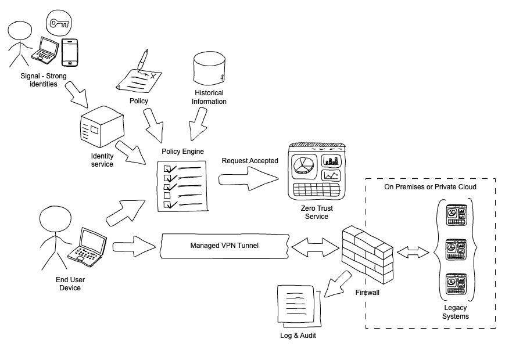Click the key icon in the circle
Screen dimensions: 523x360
[59, 23]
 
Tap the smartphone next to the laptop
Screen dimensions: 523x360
[70, 53]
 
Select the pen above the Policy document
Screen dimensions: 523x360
[143, 60]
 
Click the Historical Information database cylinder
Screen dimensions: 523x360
[209, 68]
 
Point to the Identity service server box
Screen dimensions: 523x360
[102, 127]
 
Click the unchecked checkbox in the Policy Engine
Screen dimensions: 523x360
[167, 195]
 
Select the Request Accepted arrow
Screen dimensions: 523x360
[249, 179]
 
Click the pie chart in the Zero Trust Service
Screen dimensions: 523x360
[303, 164]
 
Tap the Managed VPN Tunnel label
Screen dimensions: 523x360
[224, 246]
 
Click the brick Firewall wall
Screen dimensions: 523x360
[368, 255]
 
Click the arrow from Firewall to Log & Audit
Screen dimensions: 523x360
[337, 284]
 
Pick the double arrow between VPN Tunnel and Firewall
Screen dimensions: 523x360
[315, 247]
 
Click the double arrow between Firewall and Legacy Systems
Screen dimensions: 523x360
[413, 253]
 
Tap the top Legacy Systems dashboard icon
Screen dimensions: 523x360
[456, 215]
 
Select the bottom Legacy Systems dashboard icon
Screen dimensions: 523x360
[456, 284]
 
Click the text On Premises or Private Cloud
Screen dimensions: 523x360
[430, 187]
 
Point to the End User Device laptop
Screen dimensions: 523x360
[87, 247]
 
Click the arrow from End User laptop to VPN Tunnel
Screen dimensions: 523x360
[134, 247]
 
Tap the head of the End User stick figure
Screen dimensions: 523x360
[55, 219]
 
